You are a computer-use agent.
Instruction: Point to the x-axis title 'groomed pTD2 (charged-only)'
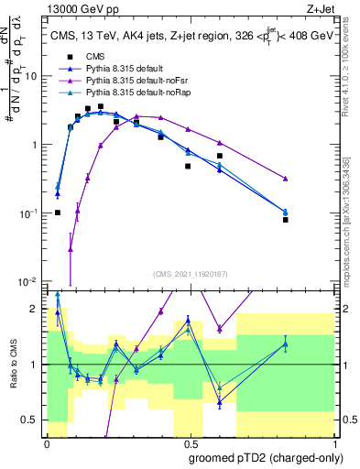pos(260,456)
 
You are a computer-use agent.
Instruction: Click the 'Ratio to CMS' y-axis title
pos(13,366)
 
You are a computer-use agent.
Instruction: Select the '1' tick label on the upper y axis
pos(37,145)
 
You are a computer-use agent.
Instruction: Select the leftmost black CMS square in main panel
pos(58,213)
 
